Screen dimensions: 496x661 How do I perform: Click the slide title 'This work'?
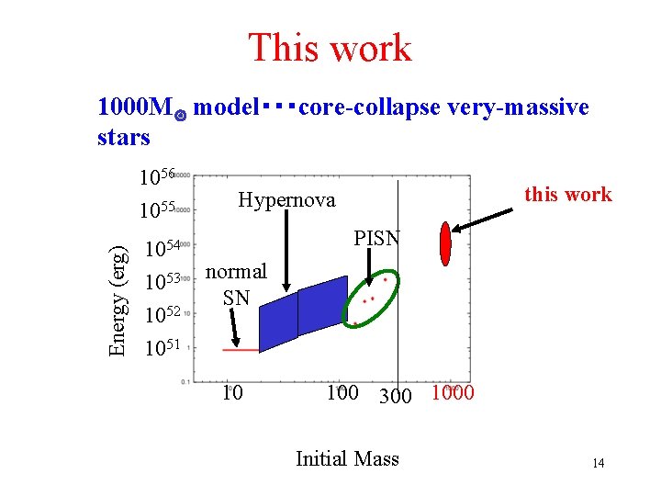(x=330, y=48)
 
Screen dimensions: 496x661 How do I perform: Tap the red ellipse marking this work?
(x=446, y=242)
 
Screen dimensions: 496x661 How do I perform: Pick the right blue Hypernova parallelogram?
(x=323, y=305)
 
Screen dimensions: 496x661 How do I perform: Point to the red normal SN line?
(x=241, y=350)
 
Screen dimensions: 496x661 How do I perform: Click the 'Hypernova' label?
(x=286, y=200)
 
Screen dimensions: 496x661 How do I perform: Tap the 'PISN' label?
(x=377, y=239)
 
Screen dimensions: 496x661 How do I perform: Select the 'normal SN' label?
(x=236, y=284)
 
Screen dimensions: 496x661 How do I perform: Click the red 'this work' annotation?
(x=566, y=194)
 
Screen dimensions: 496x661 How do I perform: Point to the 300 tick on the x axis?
(x=395, y=396)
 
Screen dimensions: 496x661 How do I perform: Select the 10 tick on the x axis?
(x=233, y=393)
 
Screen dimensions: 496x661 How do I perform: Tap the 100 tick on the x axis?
(x=342, y=393)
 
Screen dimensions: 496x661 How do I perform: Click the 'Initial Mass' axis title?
(x=347, y=458)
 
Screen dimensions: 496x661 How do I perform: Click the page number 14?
(x=598, y=463)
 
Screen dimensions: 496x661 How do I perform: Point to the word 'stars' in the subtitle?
(x=123, y=138)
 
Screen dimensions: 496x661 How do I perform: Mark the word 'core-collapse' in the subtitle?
(x=371, y=107)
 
